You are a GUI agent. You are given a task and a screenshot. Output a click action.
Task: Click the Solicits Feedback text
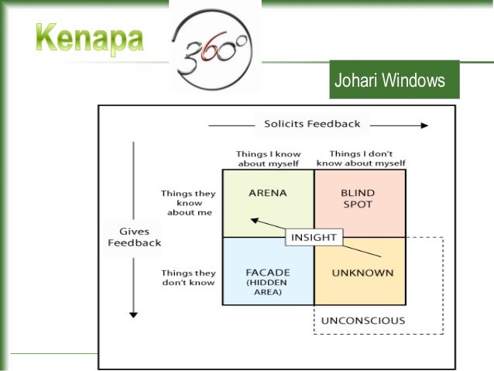click(312, 124)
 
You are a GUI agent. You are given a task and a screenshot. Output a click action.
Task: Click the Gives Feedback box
click(135, 237)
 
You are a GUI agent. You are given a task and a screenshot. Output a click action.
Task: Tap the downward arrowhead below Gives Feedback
click(134, 314)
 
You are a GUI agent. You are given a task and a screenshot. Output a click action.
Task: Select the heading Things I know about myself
click(268, 159)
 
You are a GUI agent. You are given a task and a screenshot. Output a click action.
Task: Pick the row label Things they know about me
click(188, 202)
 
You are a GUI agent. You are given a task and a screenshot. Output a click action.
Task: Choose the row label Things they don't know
click(188, 278)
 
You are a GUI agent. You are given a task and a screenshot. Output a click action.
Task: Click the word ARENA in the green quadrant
click(268, 193)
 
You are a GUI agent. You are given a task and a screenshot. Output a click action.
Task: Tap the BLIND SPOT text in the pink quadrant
click(358, 198)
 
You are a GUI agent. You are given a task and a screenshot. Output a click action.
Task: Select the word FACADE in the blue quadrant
click(268, 273)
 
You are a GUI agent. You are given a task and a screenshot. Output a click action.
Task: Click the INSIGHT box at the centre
click(313, 237)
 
